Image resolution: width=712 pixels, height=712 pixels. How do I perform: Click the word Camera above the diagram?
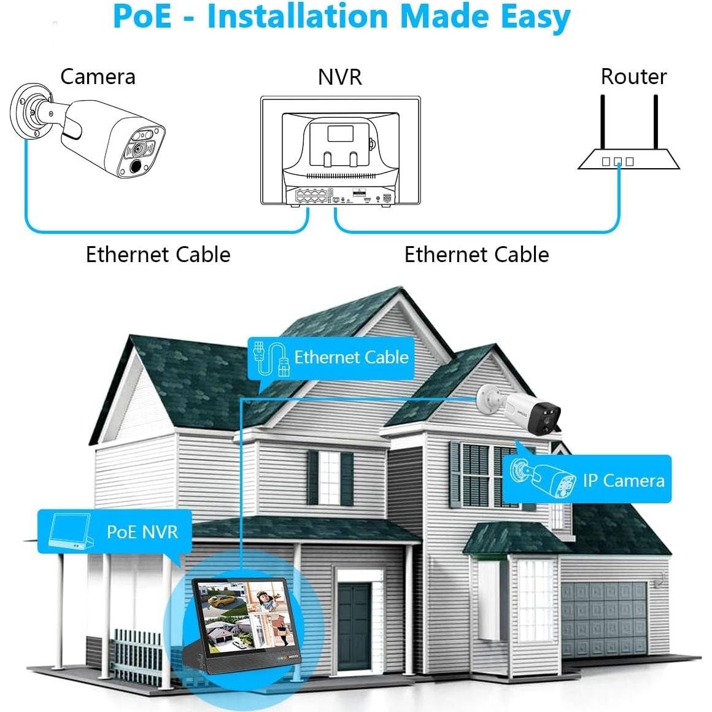98,77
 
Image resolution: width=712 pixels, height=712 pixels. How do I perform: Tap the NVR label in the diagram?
339,77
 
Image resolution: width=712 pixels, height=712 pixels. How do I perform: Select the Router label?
633,77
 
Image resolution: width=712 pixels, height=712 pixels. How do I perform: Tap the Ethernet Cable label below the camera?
158,254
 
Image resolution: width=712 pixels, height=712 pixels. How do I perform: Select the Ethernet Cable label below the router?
476,254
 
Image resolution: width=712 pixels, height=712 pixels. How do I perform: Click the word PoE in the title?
142,17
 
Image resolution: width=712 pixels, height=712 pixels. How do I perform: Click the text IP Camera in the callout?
624,480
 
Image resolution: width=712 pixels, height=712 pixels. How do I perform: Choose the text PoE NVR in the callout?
142,532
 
